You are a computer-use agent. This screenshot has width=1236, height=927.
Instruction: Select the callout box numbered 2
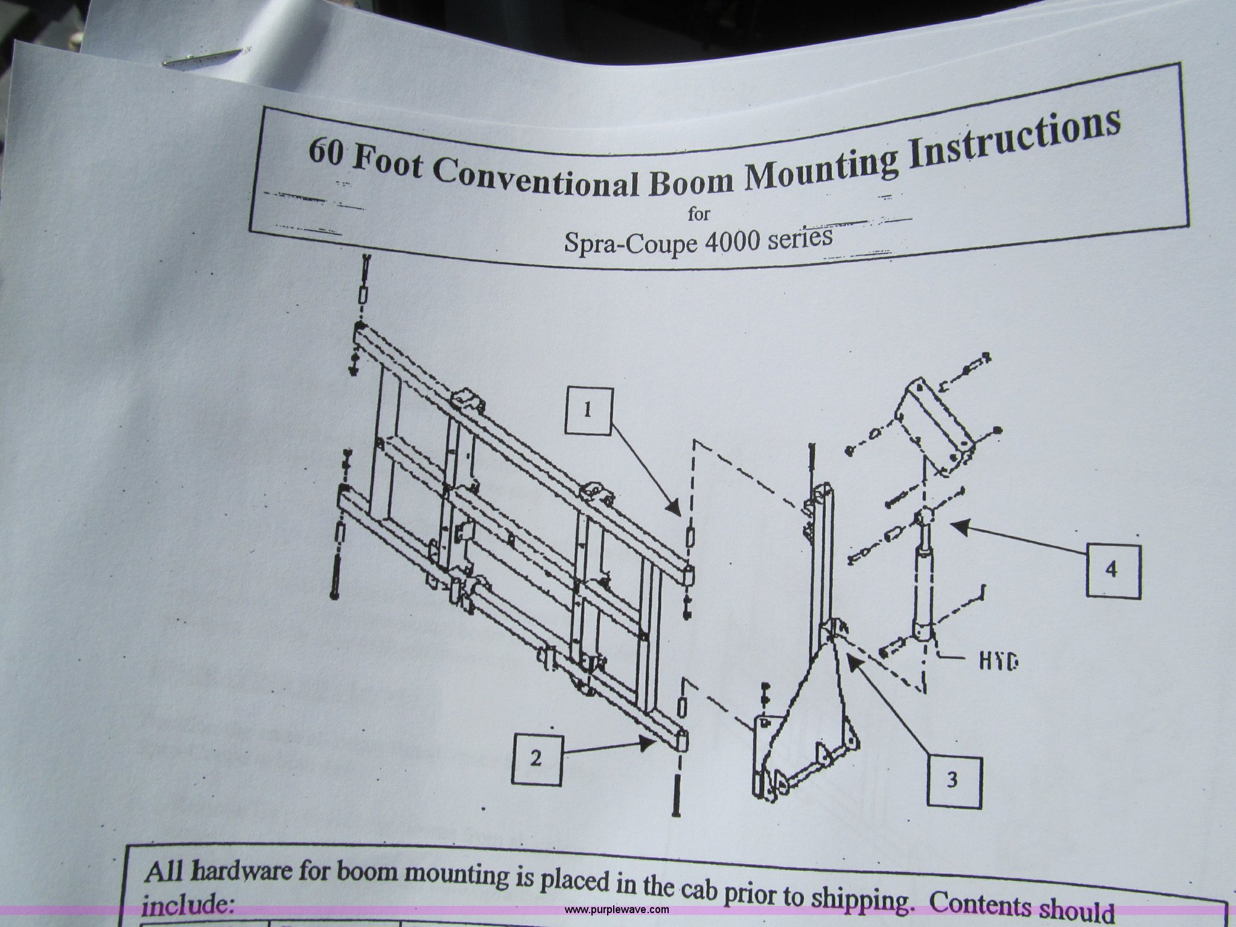pos(537,759)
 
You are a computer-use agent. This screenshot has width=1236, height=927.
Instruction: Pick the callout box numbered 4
pos(1112,570)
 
